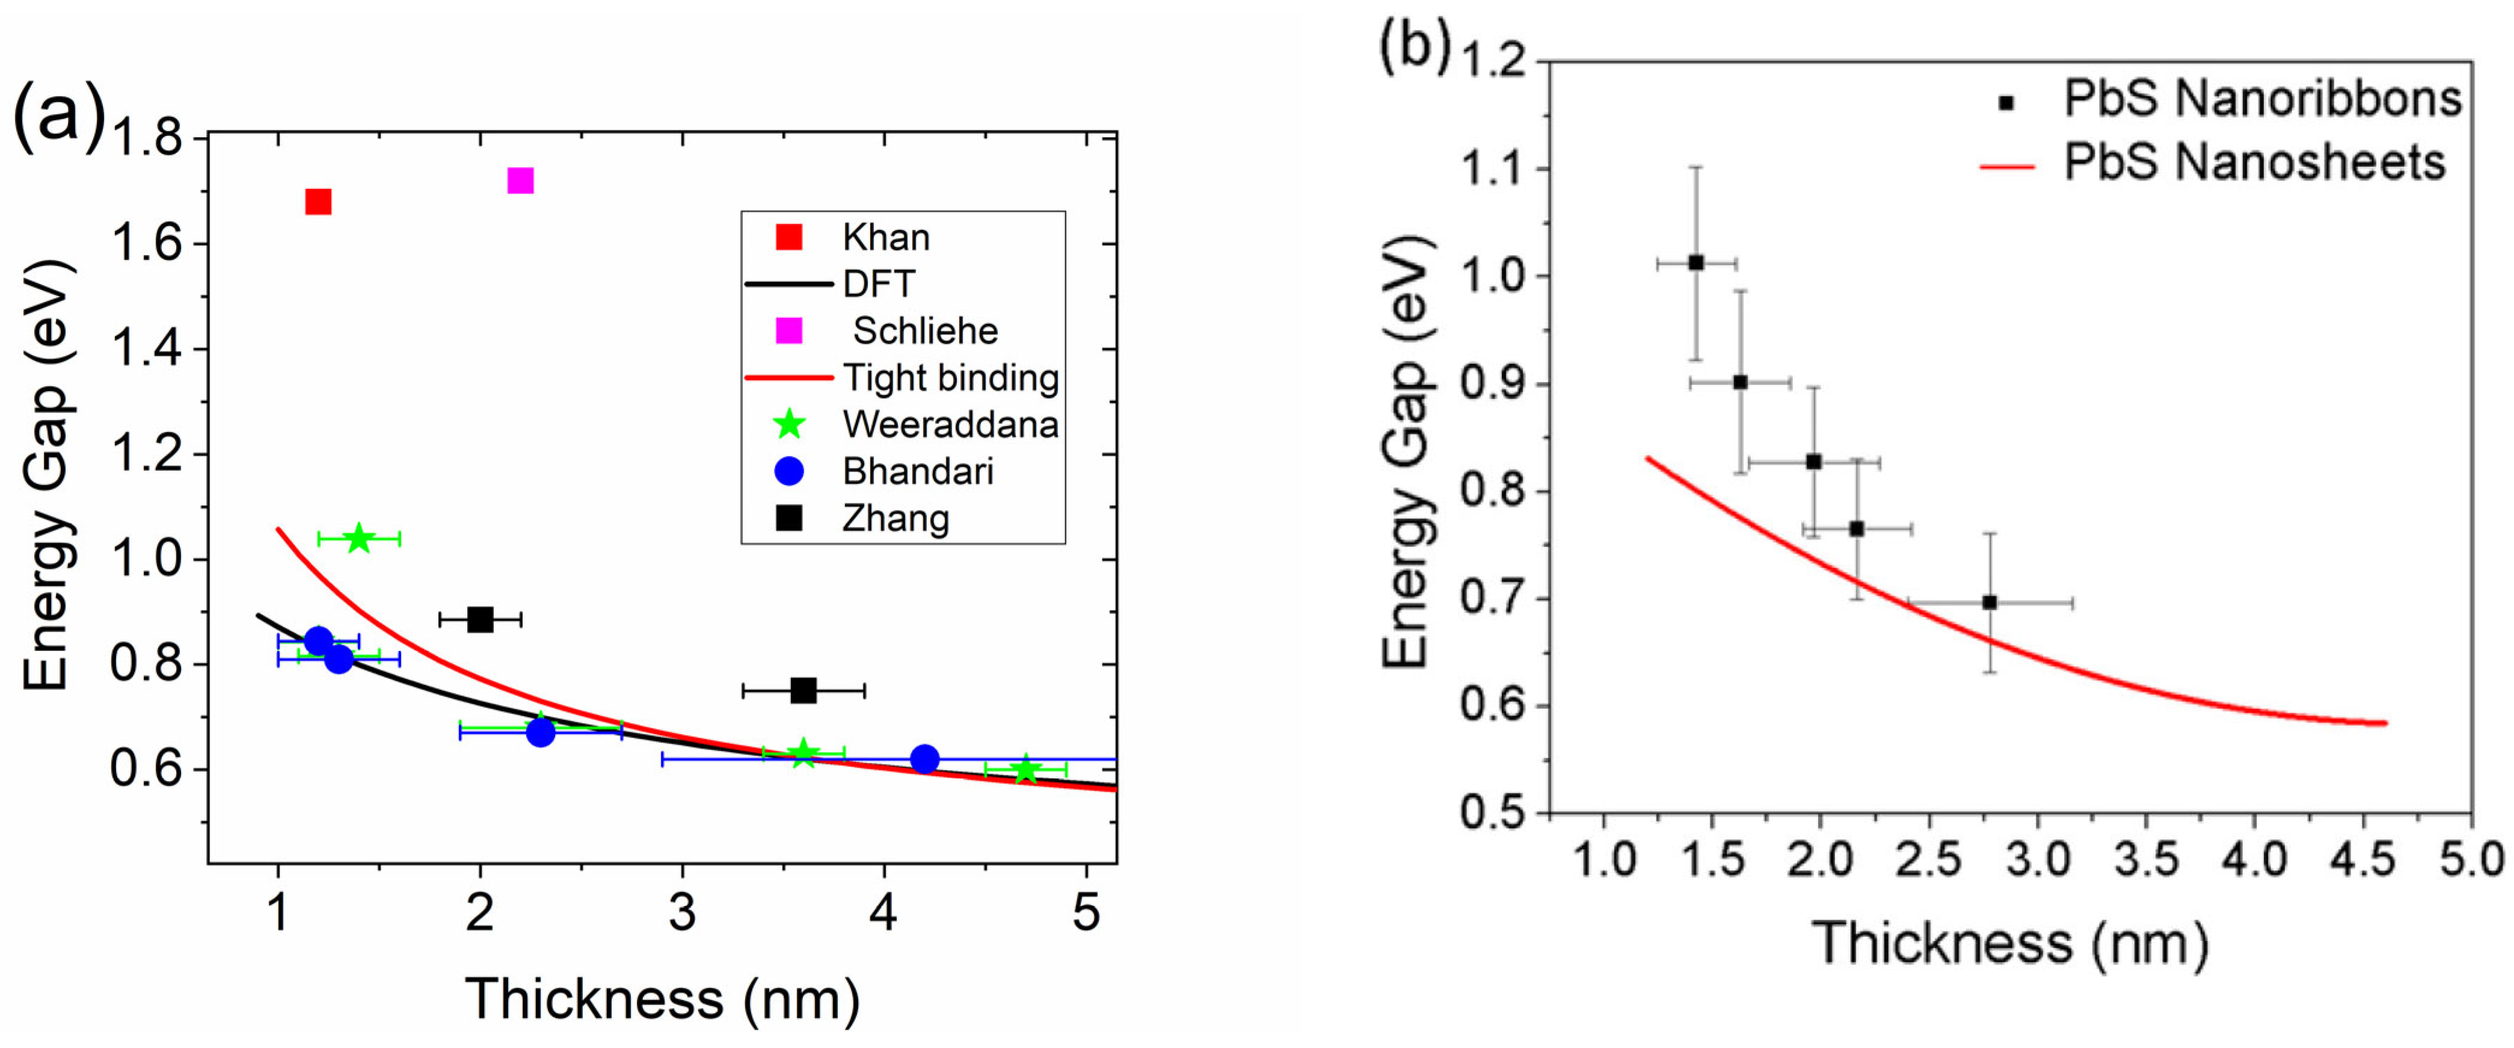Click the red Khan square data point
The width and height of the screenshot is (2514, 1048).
318,202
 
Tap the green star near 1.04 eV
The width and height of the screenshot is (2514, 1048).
359,538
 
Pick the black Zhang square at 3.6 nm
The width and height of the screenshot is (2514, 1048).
803,691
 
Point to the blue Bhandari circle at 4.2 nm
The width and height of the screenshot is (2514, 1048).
924,759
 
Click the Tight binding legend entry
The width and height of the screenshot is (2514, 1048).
950,378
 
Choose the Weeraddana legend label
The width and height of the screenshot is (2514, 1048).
950,425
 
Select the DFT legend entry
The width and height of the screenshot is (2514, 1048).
878,284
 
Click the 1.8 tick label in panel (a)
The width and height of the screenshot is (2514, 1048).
146,138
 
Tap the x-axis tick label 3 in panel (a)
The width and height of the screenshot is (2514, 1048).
682,913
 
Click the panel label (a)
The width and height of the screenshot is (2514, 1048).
58,117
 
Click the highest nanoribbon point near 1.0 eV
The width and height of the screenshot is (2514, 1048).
1696,262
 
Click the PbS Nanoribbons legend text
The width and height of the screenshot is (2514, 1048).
2262,99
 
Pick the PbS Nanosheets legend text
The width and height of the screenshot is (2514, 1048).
2254,162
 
